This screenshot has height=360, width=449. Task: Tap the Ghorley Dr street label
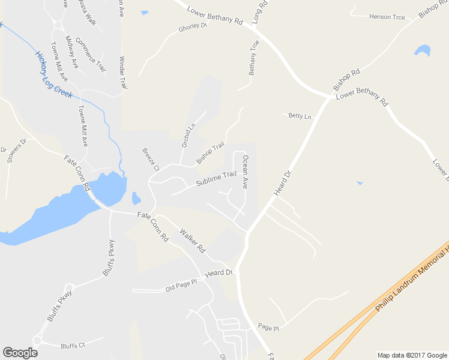193,28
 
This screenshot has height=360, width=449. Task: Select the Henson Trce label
388,17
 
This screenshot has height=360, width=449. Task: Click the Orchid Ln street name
188,136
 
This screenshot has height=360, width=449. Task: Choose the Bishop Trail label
210,152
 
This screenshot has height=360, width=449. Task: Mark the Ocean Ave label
245,172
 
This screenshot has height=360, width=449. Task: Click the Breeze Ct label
150,160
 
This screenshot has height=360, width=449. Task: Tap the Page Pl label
268,328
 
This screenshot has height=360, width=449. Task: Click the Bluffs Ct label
74,346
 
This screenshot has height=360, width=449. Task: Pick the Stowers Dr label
17,151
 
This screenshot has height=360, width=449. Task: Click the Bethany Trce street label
254,58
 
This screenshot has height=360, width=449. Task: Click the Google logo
20,353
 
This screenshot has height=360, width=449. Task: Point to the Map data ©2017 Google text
411,355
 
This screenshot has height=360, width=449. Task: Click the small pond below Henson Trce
423,50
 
